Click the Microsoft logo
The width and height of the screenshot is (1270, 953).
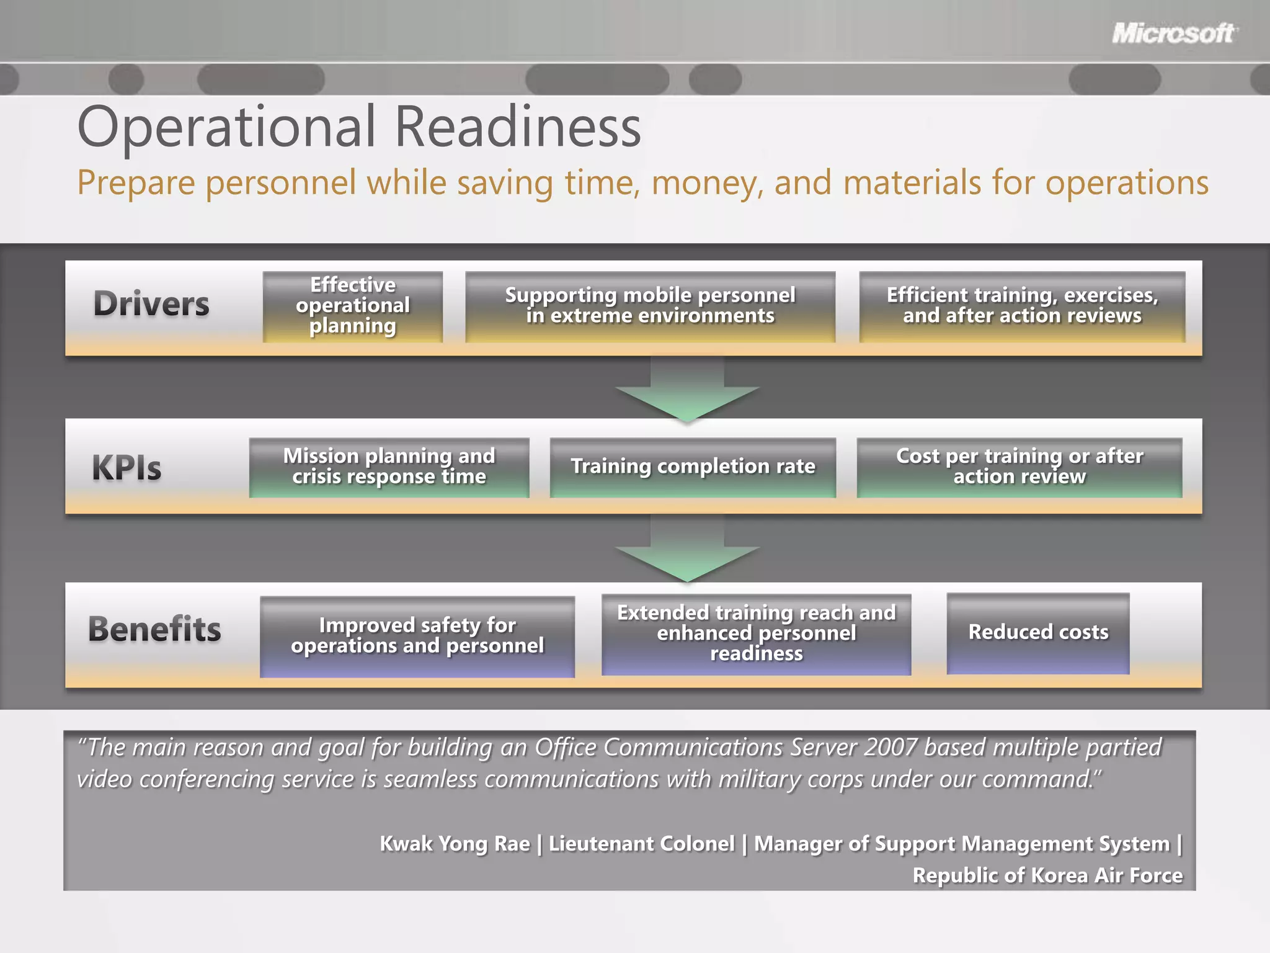(x=1173, y=33)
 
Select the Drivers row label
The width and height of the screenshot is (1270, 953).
(x=151, y=304)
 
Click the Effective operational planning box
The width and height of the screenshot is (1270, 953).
(x=352, y=306)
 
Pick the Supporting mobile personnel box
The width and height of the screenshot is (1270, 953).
(x=650, y=306)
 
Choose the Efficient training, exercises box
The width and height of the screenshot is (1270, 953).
(x=1022, y=306)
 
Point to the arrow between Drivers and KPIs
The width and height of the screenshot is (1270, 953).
(x=687, y=391)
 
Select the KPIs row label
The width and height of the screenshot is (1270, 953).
(x=127, y=468)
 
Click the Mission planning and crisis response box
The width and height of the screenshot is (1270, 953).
(x=389, y=467)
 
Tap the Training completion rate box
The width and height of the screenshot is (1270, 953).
(x=693, y=467)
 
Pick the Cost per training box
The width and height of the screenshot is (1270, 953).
(x=1019, y=467)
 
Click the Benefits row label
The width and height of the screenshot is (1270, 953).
(x=154, y=629)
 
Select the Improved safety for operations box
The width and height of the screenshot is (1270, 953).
(x=417, y=636)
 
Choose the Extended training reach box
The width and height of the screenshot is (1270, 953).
(x=756, y=633)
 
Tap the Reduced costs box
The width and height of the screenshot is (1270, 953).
(x=1037, y=632)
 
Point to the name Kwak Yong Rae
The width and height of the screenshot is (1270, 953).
(x=455, y=844)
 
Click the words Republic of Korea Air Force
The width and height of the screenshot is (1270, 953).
(x=1047, y=875)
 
